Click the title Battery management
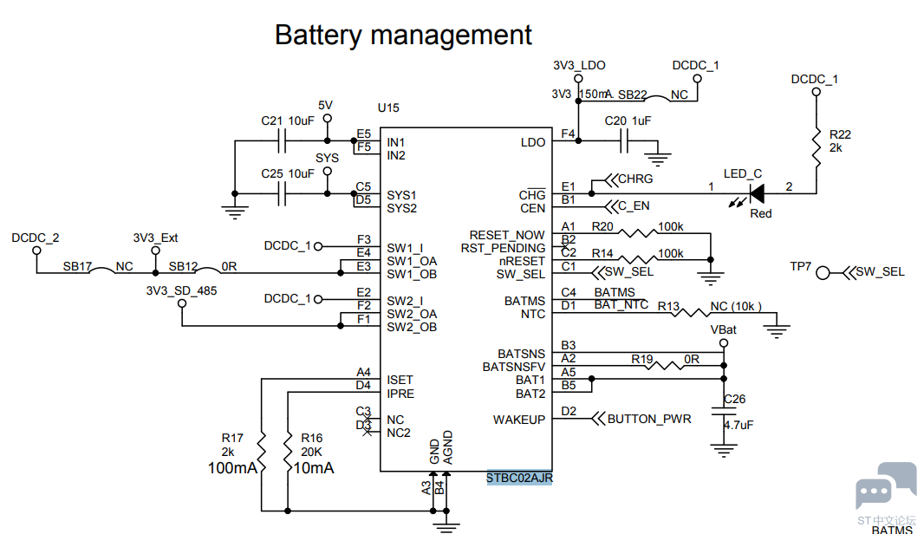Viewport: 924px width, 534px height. [403, 36]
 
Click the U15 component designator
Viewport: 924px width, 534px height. [388, 108]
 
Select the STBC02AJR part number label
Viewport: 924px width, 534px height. [520, 478]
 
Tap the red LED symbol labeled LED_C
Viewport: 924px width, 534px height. [756, 193]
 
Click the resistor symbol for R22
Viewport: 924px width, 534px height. [816, 148]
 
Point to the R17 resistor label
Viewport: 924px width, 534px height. [232, 439]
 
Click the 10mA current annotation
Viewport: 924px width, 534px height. [314, 468]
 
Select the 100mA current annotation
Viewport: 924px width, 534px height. [232, 468]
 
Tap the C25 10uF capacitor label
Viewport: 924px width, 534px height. [287, 173]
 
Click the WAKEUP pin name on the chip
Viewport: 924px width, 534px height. [519, 420]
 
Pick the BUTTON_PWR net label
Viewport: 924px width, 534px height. [649, 420]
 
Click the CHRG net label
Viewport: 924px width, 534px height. [635, 179]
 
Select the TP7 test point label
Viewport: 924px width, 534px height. [801, 267]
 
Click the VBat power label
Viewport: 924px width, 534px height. [723, 330]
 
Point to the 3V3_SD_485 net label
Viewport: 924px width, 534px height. [181, 290]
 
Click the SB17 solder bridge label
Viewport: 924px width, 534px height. [77, 267]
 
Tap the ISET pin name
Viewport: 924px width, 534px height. [400, 380]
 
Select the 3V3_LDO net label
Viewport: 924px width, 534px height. [578, 65]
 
